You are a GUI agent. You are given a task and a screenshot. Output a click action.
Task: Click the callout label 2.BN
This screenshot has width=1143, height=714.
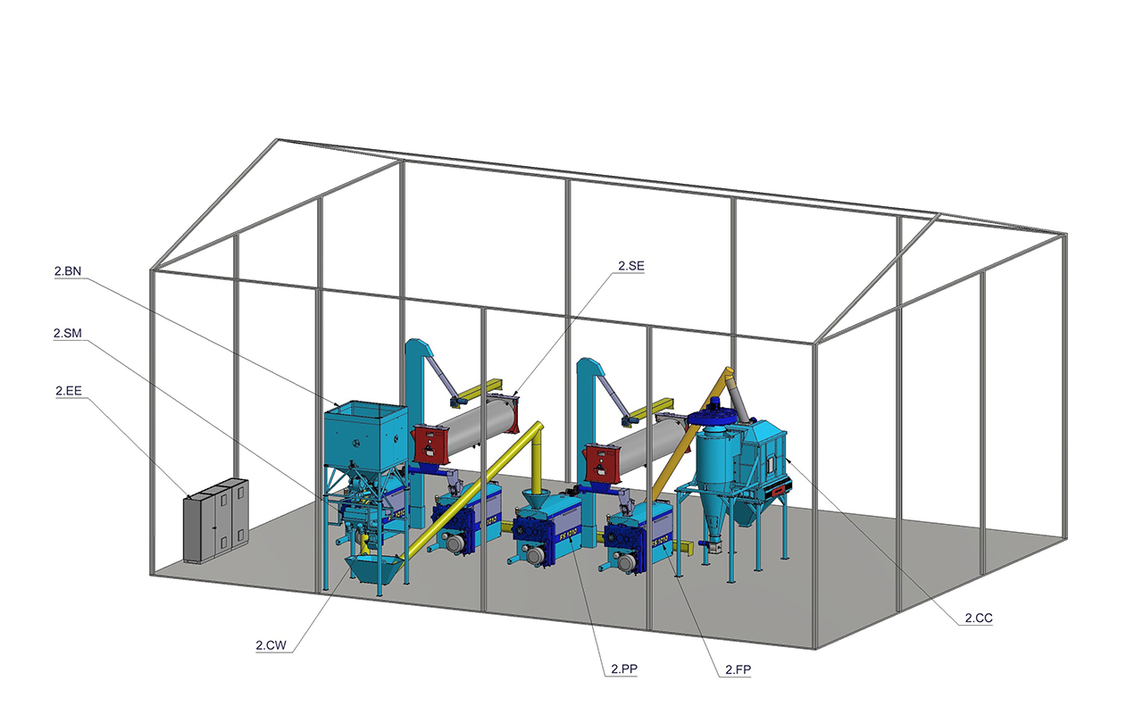coord(68,271)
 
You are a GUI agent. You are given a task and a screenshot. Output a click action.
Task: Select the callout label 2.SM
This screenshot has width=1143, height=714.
coord(67,334)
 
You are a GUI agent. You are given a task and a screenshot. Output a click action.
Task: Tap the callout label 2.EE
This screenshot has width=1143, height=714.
coord(69,391)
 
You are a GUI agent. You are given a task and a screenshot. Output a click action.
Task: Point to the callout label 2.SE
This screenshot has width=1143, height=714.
coord(631,266)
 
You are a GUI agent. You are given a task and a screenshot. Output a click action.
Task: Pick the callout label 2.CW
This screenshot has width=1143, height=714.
coord(271,645)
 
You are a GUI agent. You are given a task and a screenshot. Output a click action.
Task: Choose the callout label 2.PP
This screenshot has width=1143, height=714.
coord(624,669)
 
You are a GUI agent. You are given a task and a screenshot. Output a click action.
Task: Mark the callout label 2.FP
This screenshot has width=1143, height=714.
coord(738,669)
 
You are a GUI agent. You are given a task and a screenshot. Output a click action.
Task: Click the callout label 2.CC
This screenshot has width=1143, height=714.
coord(979,619)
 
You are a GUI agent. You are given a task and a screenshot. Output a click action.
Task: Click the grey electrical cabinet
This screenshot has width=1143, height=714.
coord(216,520)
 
